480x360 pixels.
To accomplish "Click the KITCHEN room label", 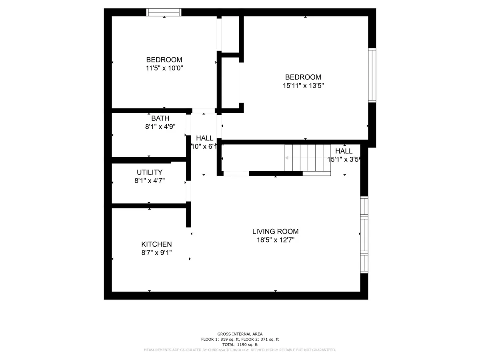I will click(156, 244).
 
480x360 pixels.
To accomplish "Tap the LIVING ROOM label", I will click(275, 232).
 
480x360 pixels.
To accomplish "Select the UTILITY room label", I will click(150, 172).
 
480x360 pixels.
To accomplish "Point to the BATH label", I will click(160, 118).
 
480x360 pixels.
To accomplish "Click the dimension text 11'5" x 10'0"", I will click(164, 68).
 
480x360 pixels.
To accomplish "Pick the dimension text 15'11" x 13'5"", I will click(303, 85).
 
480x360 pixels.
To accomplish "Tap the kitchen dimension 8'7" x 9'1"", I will click(156, 252).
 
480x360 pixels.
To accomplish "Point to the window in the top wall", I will click(164, 12).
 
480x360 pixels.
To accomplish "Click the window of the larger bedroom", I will click(372, 75).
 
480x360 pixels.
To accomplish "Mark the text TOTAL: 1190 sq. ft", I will click(240, 344).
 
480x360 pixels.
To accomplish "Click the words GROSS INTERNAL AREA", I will click(240, 334).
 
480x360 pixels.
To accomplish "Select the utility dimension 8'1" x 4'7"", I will click(150, 180).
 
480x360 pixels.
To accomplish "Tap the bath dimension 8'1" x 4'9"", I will click(160, 126).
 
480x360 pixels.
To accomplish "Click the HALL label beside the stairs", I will click(344, 151).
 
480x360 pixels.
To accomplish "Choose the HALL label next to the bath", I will click(204, 138).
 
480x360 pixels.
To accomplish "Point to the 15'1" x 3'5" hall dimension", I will click(342, 159).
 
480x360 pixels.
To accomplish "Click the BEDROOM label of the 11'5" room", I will click(164, 60).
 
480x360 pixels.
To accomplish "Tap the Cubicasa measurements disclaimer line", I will click(240, 350).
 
